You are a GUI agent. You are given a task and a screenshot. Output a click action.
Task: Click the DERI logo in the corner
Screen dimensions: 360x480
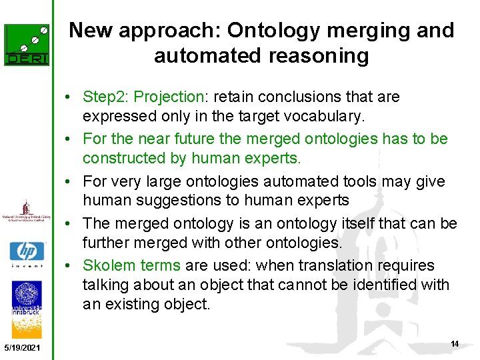(x=27, y=45)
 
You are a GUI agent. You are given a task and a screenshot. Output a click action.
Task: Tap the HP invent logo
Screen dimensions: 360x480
(x=27, y=254)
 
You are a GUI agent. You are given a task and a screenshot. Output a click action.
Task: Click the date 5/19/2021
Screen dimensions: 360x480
(x=22, y=348)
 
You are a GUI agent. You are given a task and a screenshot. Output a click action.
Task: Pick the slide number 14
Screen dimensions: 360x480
(x=455, y=344)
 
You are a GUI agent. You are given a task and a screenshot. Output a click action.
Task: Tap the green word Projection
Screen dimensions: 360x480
(x=169, y=97)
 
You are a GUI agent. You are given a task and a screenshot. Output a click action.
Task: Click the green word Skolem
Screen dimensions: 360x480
(x=108, y=265)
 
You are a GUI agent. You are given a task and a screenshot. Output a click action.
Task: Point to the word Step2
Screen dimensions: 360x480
(x=105, y=97)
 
